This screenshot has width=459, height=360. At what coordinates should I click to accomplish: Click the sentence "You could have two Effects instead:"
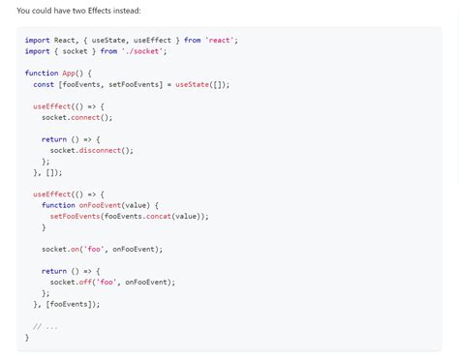[x=78, y=11]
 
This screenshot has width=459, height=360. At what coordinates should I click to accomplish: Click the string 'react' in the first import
[x=221, y=40]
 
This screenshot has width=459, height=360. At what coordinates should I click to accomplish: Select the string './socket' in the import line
[x=144, y=51]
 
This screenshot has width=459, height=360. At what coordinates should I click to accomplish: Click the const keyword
[x=43, y=84]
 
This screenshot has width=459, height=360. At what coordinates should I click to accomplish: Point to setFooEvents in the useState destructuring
[x=135, y=84]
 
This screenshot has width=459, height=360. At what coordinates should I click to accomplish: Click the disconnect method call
[x=106, y=150]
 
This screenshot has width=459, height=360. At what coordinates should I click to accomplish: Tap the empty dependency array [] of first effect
[x=55, y=172]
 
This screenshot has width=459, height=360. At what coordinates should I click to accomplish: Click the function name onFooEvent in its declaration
[x=99, y=205]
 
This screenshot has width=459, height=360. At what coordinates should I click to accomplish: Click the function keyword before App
[x=42, y=73]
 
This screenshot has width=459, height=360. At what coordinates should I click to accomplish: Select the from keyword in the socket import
[x=108, y=51]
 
